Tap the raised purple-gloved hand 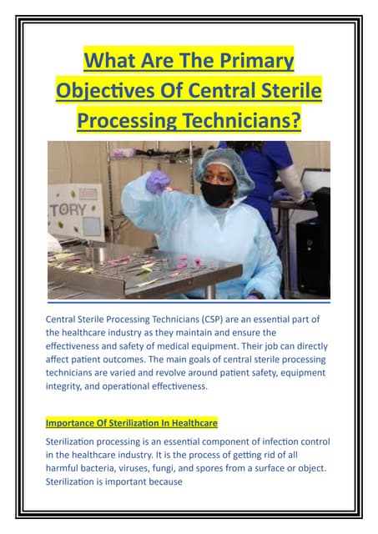158,181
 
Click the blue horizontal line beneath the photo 189,302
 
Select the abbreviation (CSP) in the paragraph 213,320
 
